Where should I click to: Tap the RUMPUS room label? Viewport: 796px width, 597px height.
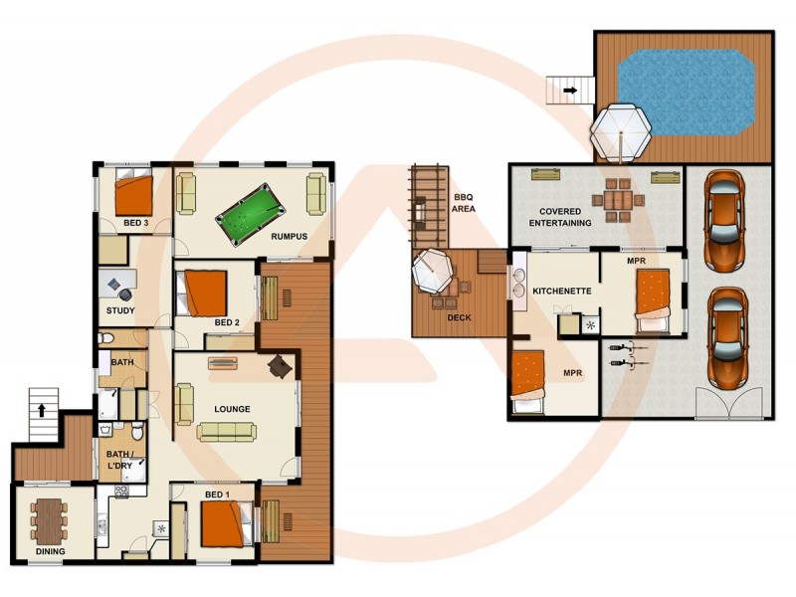click(289, 237)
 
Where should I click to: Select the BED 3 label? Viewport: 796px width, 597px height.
click(136, 224)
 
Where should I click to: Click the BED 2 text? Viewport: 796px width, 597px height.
click(228, 322)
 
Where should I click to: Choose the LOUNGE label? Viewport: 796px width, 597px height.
click(231, 409)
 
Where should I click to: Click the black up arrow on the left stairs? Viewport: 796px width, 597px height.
click(41, 408)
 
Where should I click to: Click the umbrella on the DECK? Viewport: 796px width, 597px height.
click(435, 270)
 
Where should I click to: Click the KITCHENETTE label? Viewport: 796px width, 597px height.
click(563, 291)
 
